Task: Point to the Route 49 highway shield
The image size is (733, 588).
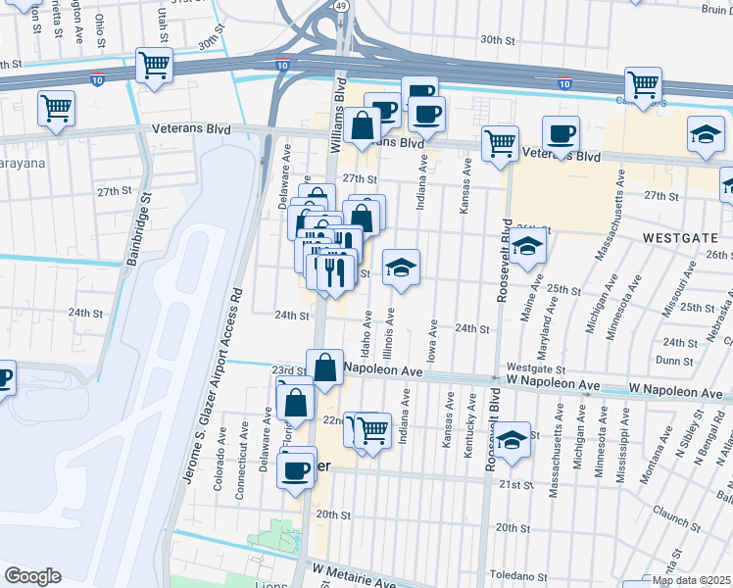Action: (x=340, y=6)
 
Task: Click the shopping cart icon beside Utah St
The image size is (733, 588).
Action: (x=155, y=66)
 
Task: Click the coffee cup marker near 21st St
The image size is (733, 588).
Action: (x=295, y=469)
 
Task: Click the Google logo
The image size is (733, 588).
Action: (x=32, y=576)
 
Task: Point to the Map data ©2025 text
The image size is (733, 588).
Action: (x=692, y=580)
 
